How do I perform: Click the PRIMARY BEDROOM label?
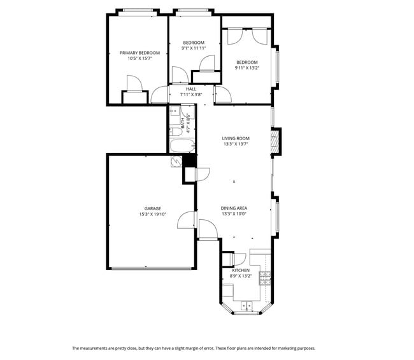139,52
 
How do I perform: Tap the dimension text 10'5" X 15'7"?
139,58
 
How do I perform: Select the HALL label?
191,89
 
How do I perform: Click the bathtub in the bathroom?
183,146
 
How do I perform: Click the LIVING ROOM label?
235,138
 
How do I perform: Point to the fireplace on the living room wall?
276,141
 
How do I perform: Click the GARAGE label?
152,208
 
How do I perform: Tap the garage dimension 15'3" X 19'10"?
152,214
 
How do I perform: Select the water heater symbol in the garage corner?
176,162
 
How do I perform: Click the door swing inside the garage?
185,220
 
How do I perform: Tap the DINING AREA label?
234,208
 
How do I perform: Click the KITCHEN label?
241,270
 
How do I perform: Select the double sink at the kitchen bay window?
247,306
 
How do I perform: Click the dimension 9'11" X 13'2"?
248,68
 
